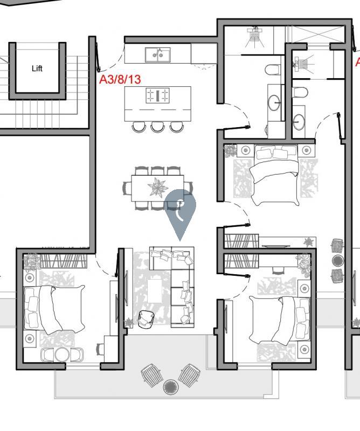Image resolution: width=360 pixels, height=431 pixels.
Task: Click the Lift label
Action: [37, 68]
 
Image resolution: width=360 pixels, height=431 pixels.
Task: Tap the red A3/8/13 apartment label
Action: [120, 80]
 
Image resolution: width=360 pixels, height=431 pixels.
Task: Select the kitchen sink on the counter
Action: [157, 54]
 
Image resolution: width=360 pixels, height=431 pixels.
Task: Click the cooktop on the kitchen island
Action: [157, 96]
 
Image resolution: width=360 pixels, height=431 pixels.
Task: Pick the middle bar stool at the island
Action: [157, 127]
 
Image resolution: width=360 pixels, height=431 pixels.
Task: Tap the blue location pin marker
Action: [179, 210]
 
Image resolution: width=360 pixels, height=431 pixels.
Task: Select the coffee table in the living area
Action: [156, 289]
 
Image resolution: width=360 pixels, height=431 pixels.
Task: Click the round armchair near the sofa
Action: [146, 319]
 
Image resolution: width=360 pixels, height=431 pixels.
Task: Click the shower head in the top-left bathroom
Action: [255, 35]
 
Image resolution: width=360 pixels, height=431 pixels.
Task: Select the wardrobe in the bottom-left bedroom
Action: [64, 261]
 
